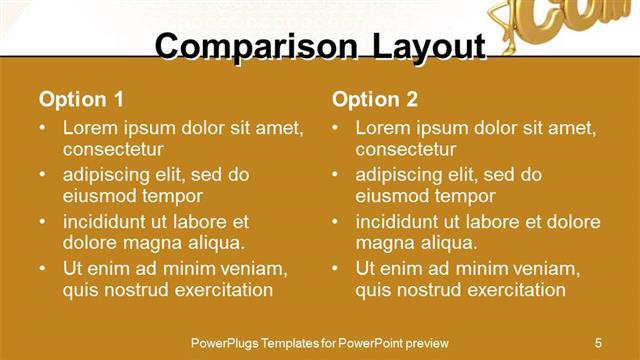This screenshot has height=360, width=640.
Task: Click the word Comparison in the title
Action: point(240,47)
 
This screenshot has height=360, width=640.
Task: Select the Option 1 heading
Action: point(81,99)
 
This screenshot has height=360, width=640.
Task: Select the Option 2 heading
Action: point(375,99)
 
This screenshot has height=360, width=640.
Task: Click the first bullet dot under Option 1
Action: point(43,129)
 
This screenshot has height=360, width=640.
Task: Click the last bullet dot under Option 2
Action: point(336,268)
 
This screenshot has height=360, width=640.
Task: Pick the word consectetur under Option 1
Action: point(113,150)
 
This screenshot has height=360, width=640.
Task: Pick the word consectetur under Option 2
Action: point(406,150)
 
